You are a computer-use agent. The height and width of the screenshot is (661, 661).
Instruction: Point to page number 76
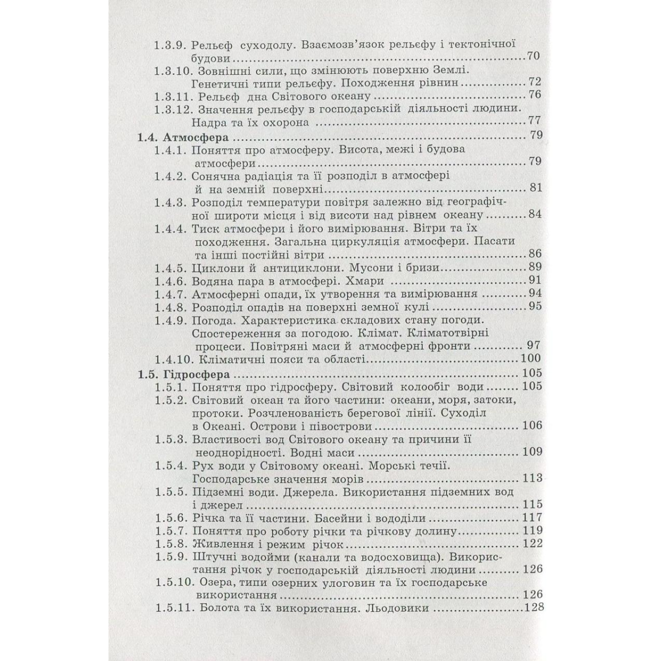click(x=534, y=95)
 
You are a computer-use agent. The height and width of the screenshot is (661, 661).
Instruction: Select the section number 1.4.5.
click(x=172, y=268)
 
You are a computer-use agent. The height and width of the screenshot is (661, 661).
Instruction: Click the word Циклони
click(x=216, y=268)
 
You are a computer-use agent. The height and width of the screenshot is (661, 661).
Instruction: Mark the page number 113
click(x=531, y=478)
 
